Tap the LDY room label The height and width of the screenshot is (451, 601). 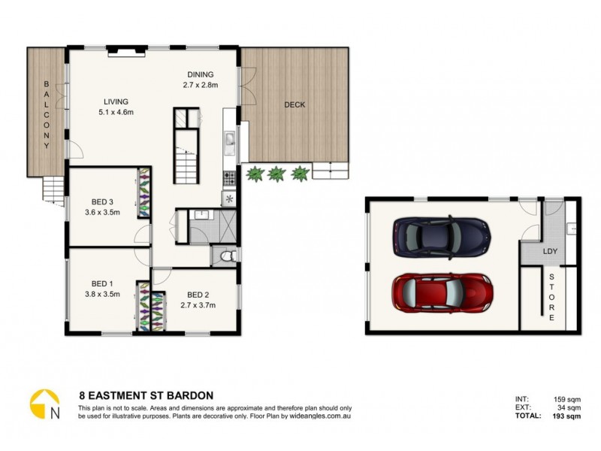[551, 251]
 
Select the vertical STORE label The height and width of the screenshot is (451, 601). [551, 298]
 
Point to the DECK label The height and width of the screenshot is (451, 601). [294, 105]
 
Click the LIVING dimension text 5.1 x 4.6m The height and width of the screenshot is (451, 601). [116, 113]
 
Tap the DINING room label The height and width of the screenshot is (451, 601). [200, 74]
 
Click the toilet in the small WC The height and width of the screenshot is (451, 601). [228, 257]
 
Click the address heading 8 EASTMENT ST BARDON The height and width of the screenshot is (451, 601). [146, 394]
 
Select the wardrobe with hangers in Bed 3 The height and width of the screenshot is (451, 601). [142, 189]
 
